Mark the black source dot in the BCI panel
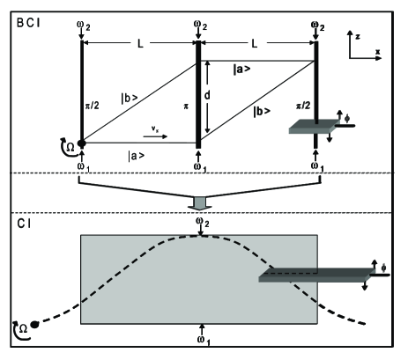coord(81,143)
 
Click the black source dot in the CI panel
coord(34,325)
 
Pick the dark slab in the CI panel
coord(314,277)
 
